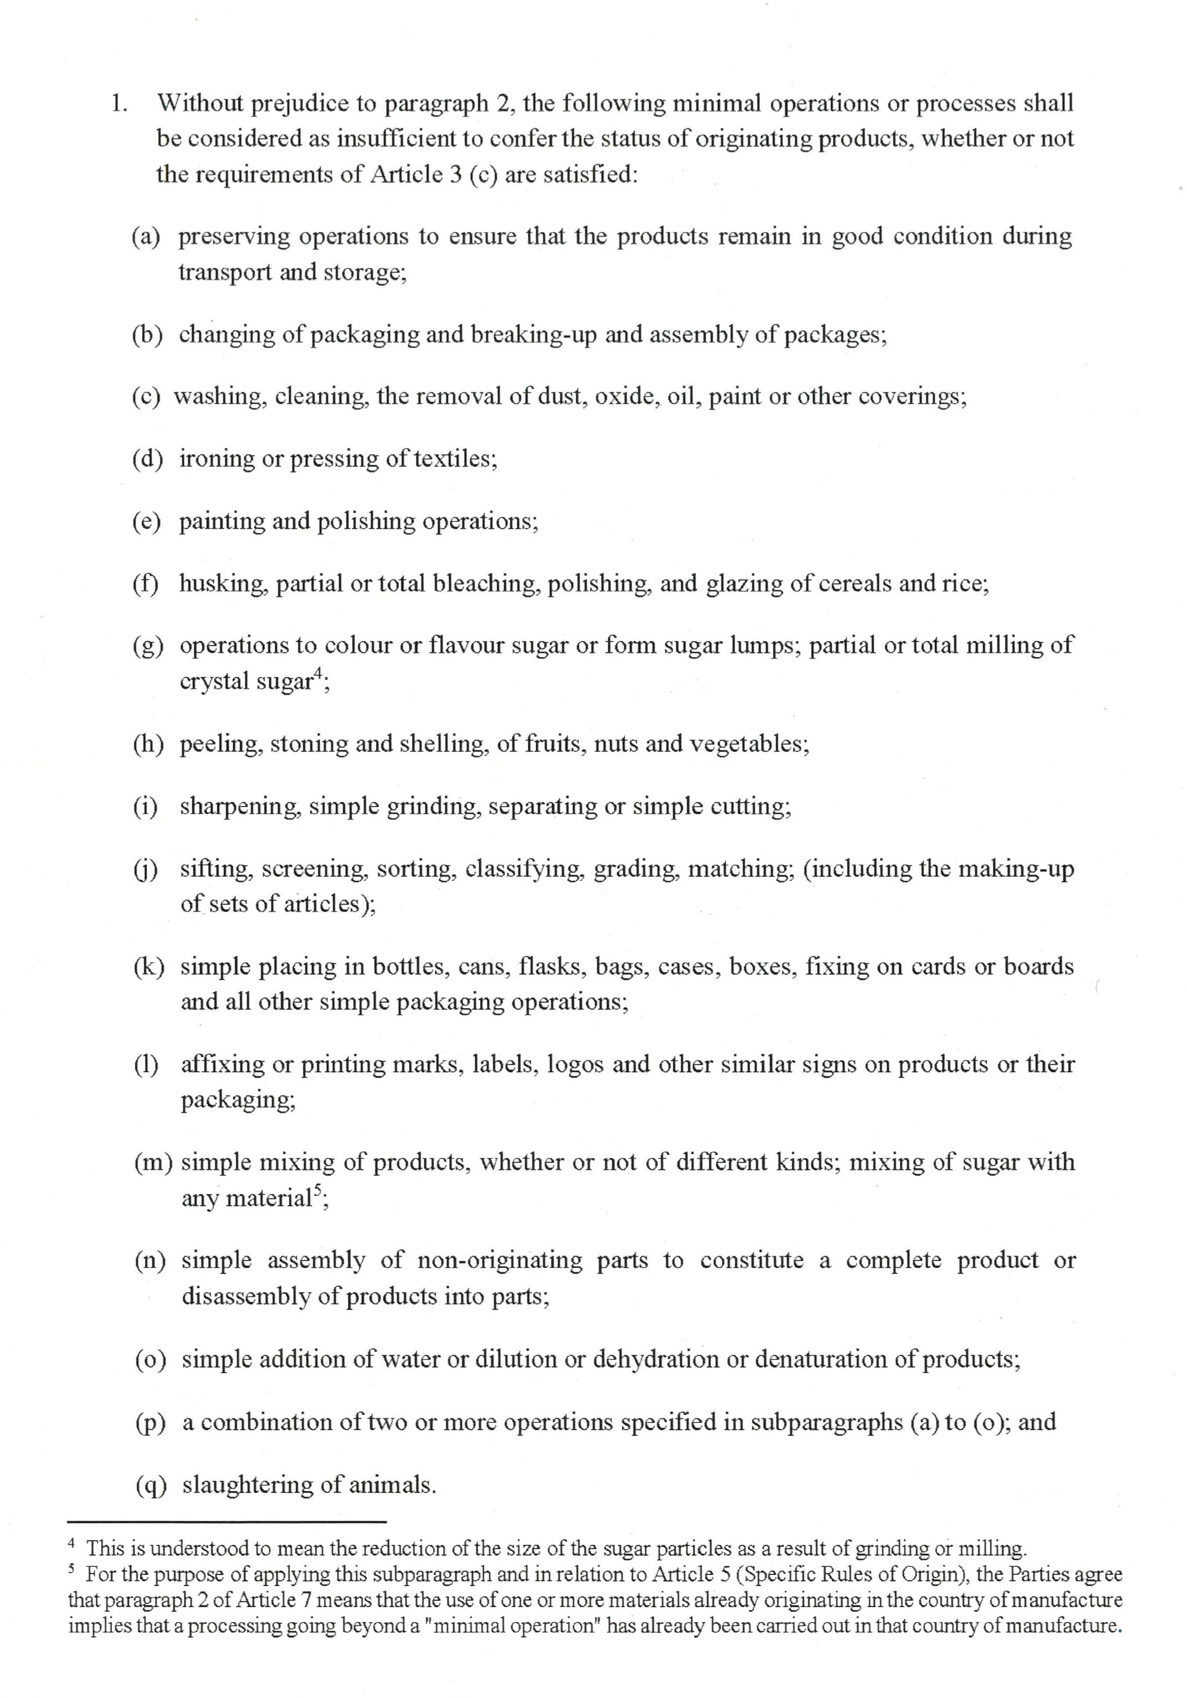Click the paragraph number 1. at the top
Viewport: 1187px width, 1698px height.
[x=119, y=104]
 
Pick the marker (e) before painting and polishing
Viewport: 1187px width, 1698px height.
[x=147, y=521]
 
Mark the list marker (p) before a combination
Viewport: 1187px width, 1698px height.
[x=150, y=1422]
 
